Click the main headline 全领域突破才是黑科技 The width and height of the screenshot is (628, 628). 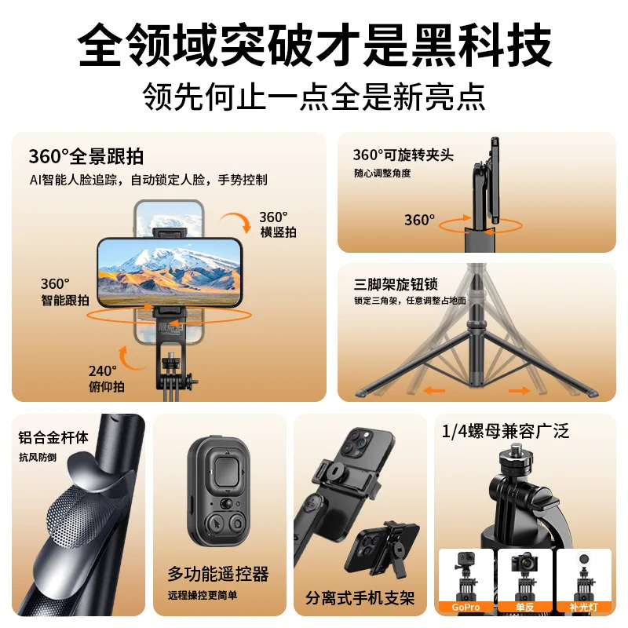(314, 46)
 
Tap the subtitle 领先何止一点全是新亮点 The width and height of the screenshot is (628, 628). (314, 97)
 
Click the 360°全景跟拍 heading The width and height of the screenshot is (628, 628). (86, 155)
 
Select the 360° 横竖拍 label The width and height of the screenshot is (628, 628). (278, 224)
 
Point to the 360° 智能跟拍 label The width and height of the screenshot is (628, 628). (64, 291)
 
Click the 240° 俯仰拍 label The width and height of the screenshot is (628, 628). (104, 378)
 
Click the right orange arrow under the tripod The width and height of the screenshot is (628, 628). (519, 389)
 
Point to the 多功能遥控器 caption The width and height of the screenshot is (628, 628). (218, 573)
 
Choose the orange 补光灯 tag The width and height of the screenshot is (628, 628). (583, 607)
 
